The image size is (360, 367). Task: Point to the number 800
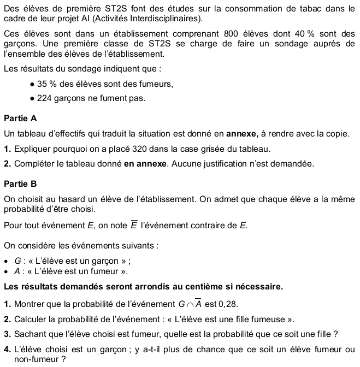coord(233,34)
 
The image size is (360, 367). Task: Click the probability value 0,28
coord(228,304)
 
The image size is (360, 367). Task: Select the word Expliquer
coord(32,149)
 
